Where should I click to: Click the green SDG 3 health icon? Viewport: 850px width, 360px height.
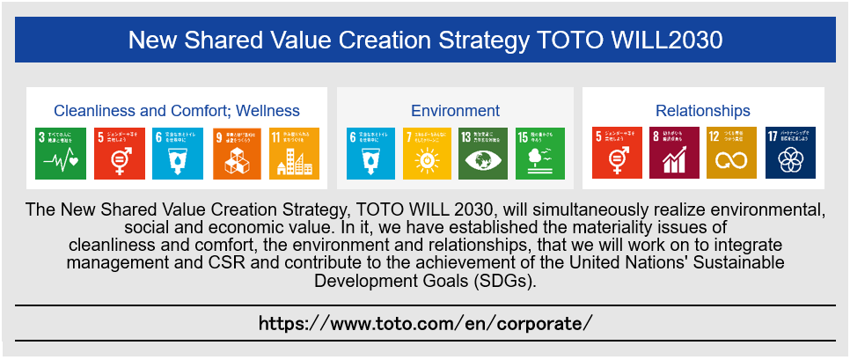(61, 154)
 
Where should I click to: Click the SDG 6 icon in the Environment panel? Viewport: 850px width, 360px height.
(372, 154)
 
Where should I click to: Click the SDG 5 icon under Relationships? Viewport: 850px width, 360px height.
(618, 154)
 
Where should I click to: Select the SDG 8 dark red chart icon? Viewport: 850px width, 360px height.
(674, 154)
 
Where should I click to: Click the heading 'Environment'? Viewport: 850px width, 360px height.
(455, 111)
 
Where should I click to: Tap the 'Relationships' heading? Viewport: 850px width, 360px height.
(702, 111)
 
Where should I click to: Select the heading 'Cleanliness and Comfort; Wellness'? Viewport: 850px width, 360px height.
(177, 111)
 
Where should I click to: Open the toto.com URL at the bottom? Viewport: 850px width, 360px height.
(425, 323)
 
